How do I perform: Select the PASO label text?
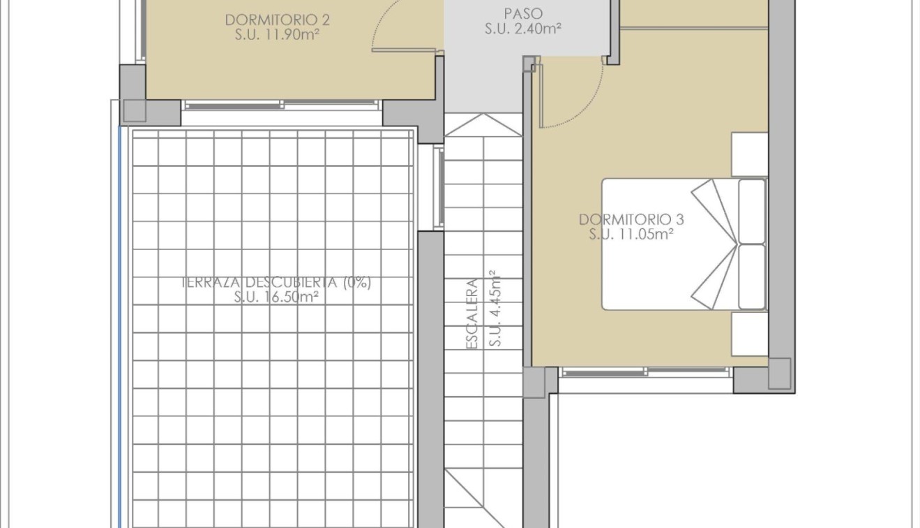(523, 14)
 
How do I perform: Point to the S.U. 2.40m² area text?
(523, 29)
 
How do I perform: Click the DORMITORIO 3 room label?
(631, 219)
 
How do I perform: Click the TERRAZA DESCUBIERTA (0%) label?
(276, 283)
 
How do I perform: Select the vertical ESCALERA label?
(472, 314)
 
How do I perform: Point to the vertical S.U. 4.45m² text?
(495, 308)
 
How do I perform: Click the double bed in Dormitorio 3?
(670, 244)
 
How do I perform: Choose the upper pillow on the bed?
(751, 211)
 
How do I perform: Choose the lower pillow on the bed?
(751, 276)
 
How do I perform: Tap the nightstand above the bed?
(749, 154)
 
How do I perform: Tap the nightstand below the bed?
(749, 333)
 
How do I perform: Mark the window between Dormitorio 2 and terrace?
(282, 105)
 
